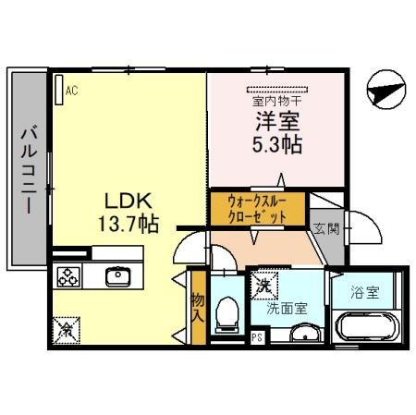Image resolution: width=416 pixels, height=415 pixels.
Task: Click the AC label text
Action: pos(72,91)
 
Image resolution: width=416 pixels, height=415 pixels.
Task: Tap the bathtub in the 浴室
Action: pos(365,327)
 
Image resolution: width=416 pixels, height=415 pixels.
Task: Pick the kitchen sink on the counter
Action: pos(119,276)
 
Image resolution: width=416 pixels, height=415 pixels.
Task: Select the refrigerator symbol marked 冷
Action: pos(67,327)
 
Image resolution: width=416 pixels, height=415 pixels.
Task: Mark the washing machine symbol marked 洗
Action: pos(263,287)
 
